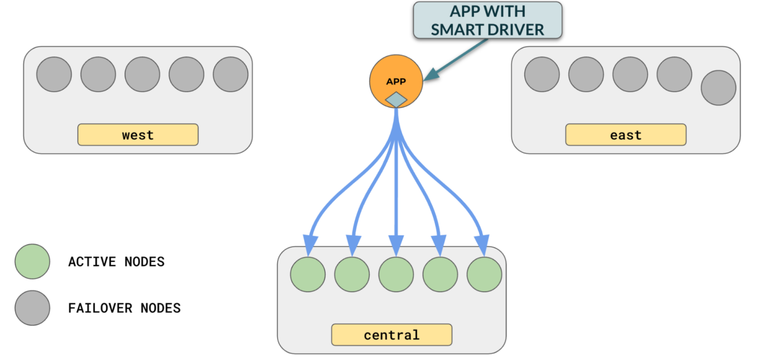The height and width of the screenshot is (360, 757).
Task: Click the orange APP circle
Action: click(x=396, y=79)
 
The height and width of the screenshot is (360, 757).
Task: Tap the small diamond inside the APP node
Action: click(x=396, y=100)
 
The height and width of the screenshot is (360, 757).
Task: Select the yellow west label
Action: click(x=138, y=135)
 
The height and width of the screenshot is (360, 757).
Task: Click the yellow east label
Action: click(x=625, y=135)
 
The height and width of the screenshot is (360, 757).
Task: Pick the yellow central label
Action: click(x=391, y=335)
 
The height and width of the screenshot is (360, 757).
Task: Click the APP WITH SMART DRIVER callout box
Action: click(x=487, y=20)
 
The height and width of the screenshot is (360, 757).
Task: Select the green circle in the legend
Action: click(x=32, y=261)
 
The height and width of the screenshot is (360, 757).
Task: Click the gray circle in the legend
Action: click(x=32, y=308)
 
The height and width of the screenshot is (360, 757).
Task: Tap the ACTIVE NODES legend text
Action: click(x=116, y=261)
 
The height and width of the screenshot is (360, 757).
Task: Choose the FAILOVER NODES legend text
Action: click(x=124, y=308)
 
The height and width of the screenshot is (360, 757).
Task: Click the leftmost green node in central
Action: click(x=308, y=274)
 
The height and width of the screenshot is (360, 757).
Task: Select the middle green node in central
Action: click(x=396, y=274)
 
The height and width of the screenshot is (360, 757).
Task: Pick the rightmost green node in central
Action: click(x=484, y=274)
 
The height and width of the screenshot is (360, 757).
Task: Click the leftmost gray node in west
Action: click(x=54, y=74)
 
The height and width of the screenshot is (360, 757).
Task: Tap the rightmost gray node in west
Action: click(x=230, y=74)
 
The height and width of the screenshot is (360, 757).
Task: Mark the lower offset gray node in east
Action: click(x=718, y=88)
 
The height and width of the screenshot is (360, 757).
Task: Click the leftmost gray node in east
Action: click(x=542, y=74)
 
